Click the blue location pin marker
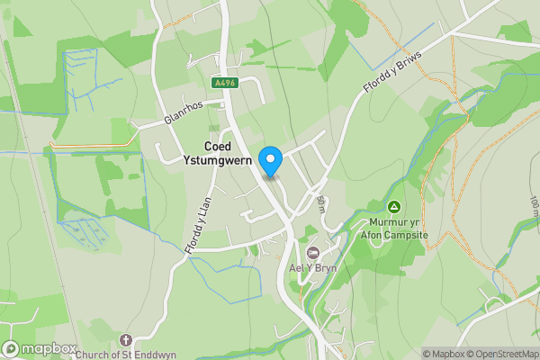tap(270, 161)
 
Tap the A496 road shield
tap(225, 83)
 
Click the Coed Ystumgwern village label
tap(229, 153)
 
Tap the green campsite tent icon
tap(393, 206)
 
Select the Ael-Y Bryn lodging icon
tap(313, 253)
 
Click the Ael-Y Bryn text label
tap(312, 268)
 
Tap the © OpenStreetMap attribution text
tap(505, 354)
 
